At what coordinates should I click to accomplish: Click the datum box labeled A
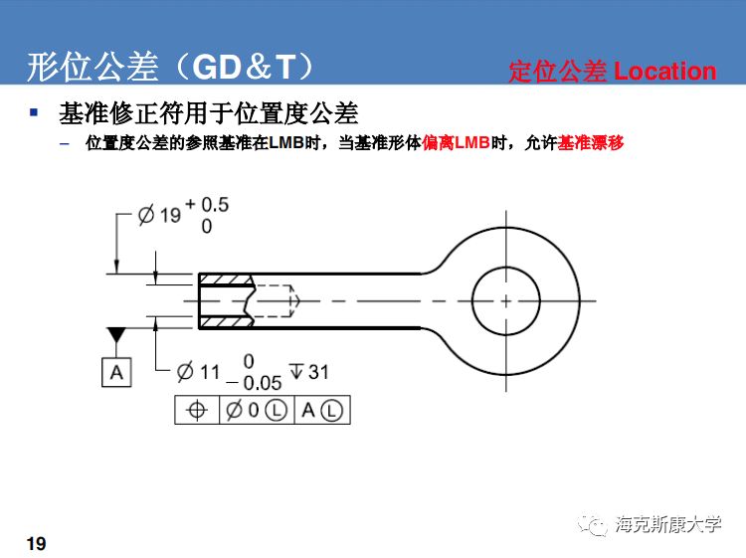116,372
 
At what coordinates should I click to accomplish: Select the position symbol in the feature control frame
196,411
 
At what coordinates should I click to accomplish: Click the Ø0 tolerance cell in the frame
256,411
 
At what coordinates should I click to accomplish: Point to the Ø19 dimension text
159,214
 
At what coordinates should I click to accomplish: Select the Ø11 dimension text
198,372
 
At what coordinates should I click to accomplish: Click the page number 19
36,544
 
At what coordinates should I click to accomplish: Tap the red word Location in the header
664,72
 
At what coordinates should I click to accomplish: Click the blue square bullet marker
35,112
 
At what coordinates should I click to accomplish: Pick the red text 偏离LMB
457,143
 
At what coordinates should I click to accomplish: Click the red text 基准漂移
591,143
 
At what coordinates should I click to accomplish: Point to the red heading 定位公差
557,72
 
